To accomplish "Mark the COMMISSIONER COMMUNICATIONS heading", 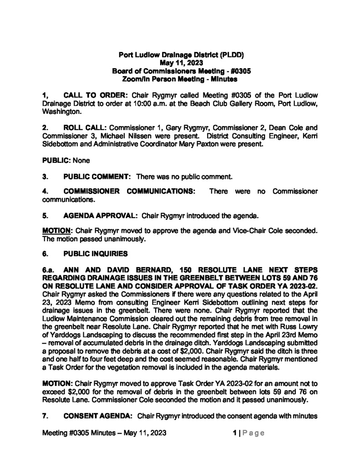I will (x=130, y=192).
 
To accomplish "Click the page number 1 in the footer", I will (x=233, y=432).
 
